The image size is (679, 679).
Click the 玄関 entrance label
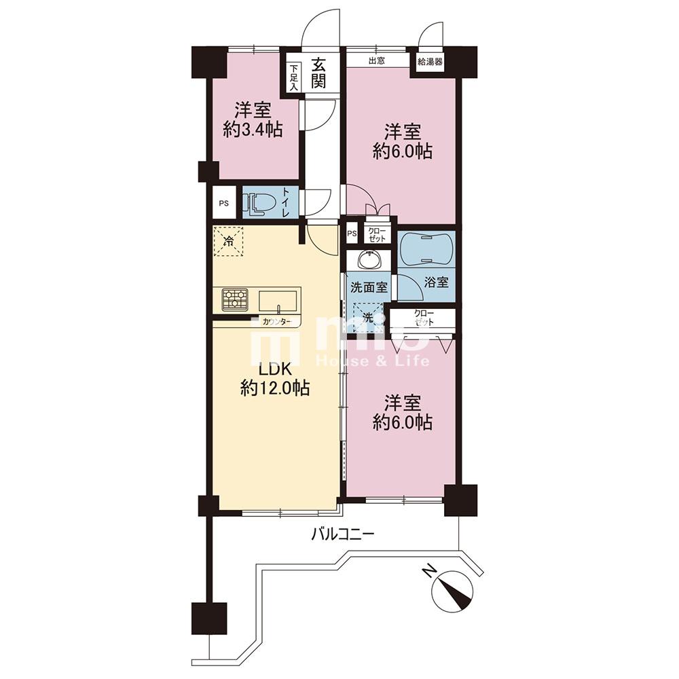pyautogui.click(x=318, y=73)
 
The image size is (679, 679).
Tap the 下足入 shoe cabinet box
pyautogui.click(x=294, y=77)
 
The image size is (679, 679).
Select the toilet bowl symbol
pyautogui.click(x=261, y=203)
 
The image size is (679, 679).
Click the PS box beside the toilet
pyautogui.click(x=224, y=202)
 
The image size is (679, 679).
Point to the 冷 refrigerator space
pyautogui.click(x=228, y=241)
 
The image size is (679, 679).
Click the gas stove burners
pyautogui.click(x=235, y=299)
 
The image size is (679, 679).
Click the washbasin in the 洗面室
pyautogui.click(x=370, y=260)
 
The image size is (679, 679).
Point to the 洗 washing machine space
pyautogui.click(x=367, y=317)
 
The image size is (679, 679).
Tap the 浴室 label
pyautogui.click(x=436, y=282)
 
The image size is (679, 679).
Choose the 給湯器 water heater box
pyautogui.click(x=430, y=62)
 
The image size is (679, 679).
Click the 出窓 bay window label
pyautogui.click(x=377, y=60)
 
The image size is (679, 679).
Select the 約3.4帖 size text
pyautogui.click(x=253, y=130)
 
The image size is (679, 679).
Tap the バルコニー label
pyautogui.click(x=342, y=535)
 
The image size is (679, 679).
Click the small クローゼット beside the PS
pyautogui.click(x=377, y=234)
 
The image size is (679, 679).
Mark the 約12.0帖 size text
pyautogui.click(x=275, y=388)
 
